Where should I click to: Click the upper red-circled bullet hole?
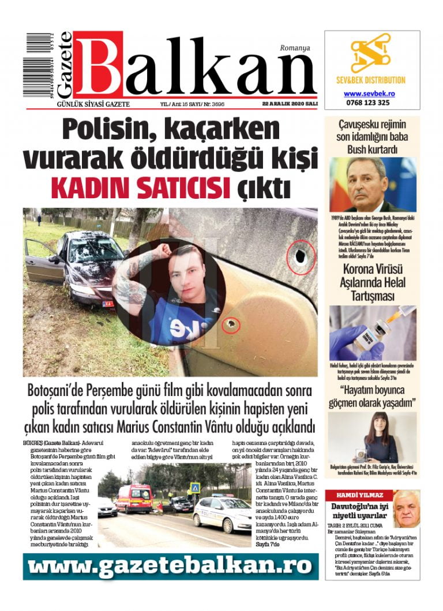click(301, 256)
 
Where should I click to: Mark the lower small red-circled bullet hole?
click(232, 326)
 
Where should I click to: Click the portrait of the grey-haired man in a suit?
click(367, 184)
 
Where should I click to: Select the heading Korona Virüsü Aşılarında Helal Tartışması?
click(374, 282)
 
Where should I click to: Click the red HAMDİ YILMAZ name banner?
click(357, 495)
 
